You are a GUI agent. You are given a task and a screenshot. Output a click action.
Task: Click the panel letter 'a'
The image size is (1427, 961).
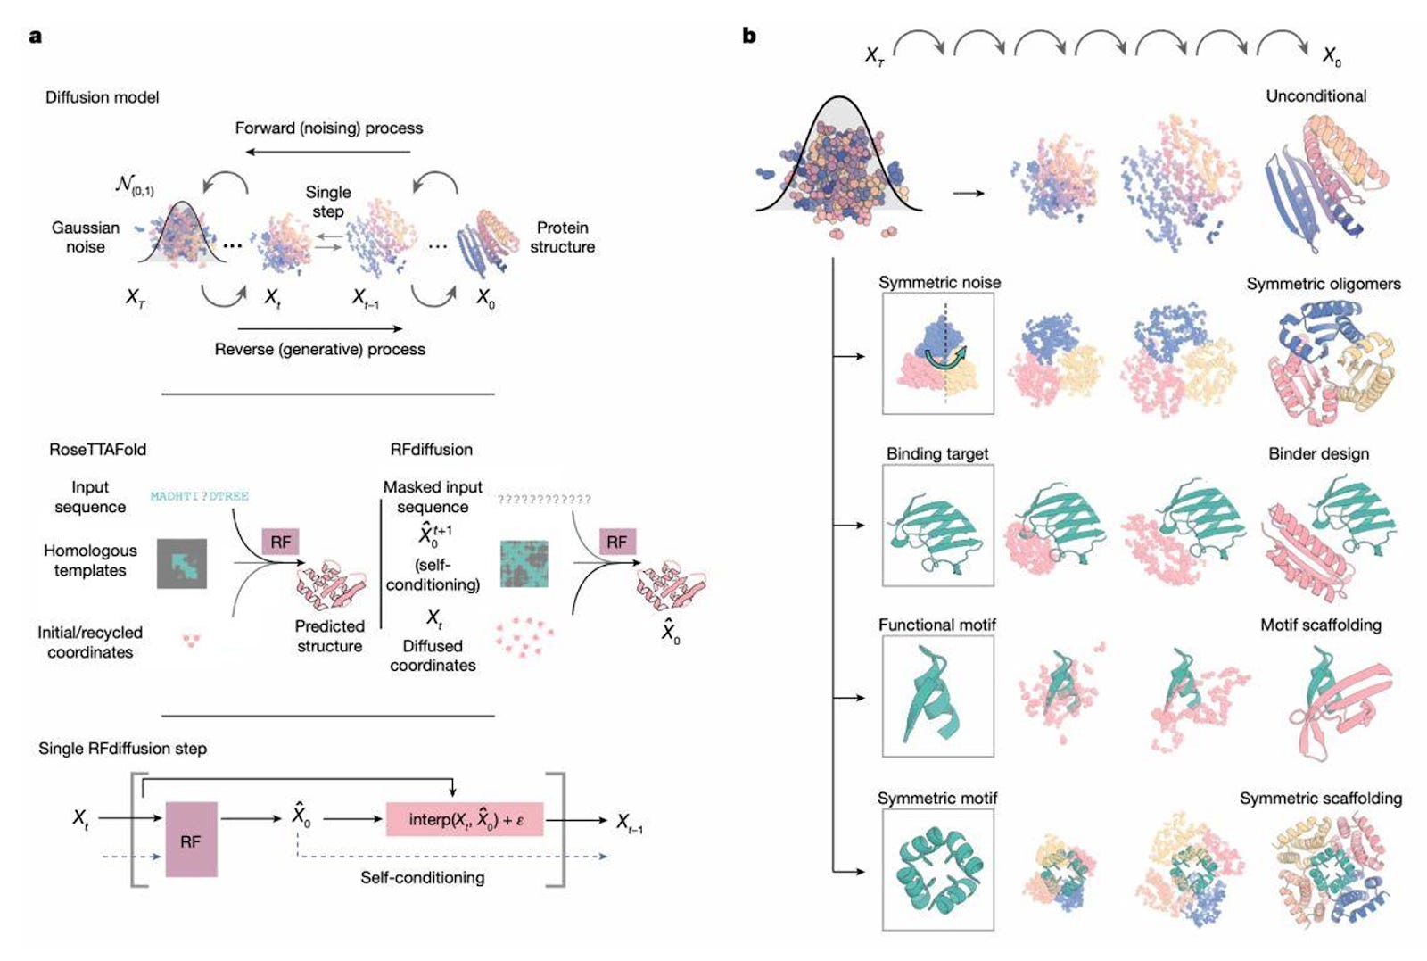36,37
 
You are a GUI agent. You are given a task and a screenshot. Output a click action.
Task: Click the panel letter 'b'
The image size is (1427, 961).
749,36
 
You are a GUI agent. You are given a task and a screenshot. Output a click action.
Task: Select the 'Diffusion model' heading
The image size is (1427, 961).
102,97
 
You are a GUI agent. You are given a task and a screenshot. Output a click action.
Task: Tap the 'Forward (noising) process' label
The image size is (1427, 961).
328,128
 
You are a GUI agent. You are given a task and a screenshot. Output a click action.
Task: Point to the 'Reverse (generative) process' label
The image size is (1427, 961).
319,349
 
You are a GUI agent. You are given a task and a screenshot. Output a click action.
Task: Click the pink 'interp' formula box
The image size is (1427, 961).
464,819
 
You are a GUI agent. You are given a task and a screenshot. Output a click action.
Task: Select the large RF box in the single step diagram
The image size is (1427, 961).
191,840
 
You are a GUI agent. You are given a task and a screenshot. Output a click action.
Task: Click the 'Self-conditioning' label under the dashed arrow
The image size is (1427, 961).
422,877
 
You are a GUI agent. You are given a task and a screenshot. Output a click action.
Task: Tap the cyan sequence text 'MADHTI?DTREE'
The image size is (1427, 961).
199,496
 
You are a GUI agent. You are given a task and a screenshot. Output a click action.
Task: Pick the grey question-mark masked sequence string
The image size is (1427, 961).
544,499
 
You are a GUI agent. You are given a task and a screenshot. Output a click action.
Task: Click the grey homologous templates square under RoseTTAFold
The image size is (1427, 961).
182,563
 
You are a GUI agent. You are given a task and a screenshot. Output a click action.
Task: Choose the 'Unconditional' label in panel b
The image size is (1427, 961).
1316,95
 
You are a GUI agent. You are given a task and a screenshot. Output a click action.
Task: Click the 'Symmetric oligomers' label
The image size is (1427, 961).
1323,284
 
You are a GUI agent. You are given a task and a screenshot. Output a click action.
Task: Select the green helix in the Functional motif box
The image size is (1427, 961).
932,696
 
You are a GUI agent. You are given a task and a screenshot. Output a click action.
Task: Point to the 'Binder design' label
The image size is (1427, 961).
1318,453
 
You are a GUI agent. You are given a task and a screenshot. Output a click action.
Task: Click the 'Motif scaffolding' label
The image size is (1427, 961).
1320,625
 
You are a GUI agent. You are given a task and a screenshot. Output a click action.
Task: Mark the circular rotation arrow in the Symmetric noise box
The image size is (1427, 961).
944,359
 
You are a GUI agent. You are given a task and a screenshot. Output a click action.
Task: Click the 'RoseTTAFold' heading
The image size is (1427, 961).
97,449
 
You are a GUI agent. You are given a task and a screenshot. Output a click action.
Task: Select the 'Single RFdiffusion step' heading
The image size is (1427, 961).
122,748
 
